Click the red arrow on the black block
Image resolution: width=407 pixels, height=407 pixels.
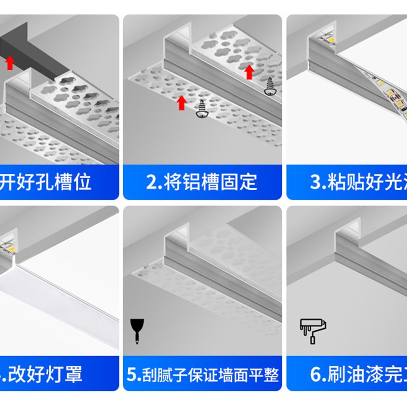tap(9, 62)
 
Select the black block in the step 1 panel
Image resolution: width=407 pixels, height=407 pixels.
tap(31, 48)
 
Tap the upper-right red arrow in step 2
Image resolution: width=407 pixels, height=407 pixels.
tap(249, 72)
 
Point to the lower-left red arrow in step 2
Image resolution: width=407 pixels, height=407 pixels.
tap(182, 102)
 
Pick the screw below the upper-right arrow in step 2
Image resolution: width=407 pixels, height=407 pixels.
tap(269, 88)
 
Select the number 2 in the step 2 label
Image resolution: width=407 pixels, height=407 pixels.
tap(151, 182)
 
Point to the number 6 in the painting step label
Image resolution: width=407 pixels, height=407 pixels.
tap(315, 375)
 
